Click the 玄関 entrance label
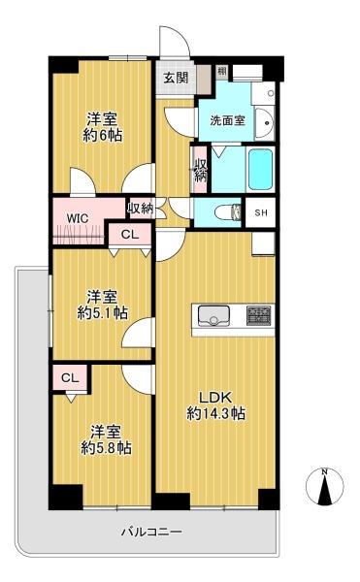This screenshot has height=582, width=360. click(176, 78)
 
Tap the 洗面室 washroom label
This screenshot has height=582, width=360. click(227, 120)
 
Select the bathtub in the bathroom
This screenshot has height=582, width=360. click(260, 169)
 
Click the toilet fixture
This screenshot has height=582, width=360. click(227, 212)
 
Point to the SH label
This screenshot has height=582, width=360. click(261, 212)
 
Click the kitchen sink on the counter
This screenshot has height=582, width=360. click(213, 316)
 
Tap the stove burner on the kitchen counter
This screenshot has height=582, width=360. click(260, 314)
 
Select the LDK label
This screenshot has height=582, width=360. click(215, 397)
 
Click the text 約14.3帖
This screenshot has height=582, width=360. click(215, 413)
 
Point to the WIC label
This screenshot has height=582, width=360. click(78, 218)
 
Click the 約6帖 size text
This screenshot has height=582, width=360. click(102, 135)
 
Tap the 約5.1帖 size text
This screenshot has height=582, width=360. click(102, 313)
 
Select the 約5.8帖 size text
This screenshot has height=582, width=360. click(106, 448)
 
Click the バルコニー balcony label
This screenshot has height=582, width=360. click(151, 532)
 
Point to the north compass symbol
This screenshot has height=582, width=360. click(325, 486)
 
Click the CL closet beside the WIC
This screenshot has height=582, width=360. click(130, 234)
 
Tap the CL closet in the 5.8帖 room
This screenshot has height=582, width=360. click(70, 378)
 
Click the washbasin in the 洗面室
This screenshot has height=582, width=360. click(265, 123)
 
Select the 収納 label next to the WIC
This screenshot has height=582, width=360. click(141, 209)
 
